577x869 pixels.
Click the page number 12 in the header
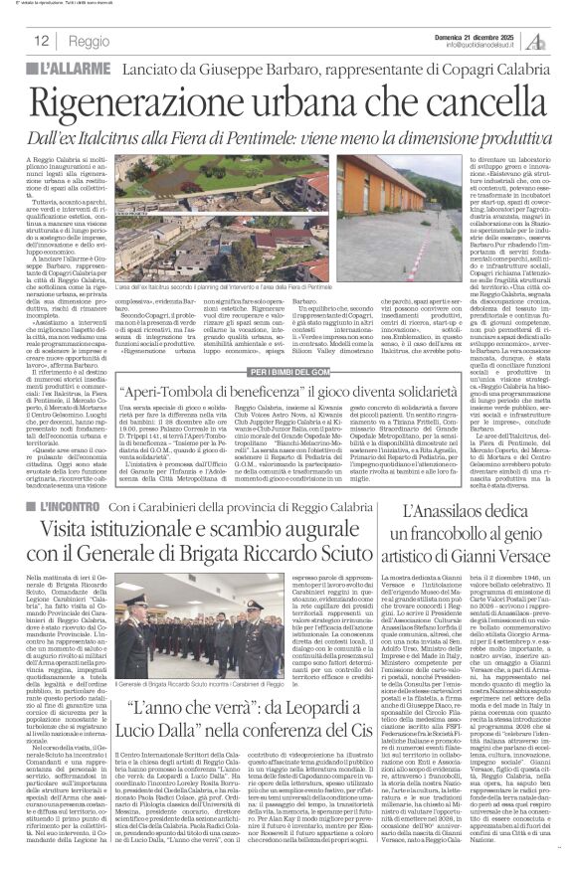tap(41, 40)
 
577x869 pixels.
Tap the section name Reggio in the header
tap(91, 41)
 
